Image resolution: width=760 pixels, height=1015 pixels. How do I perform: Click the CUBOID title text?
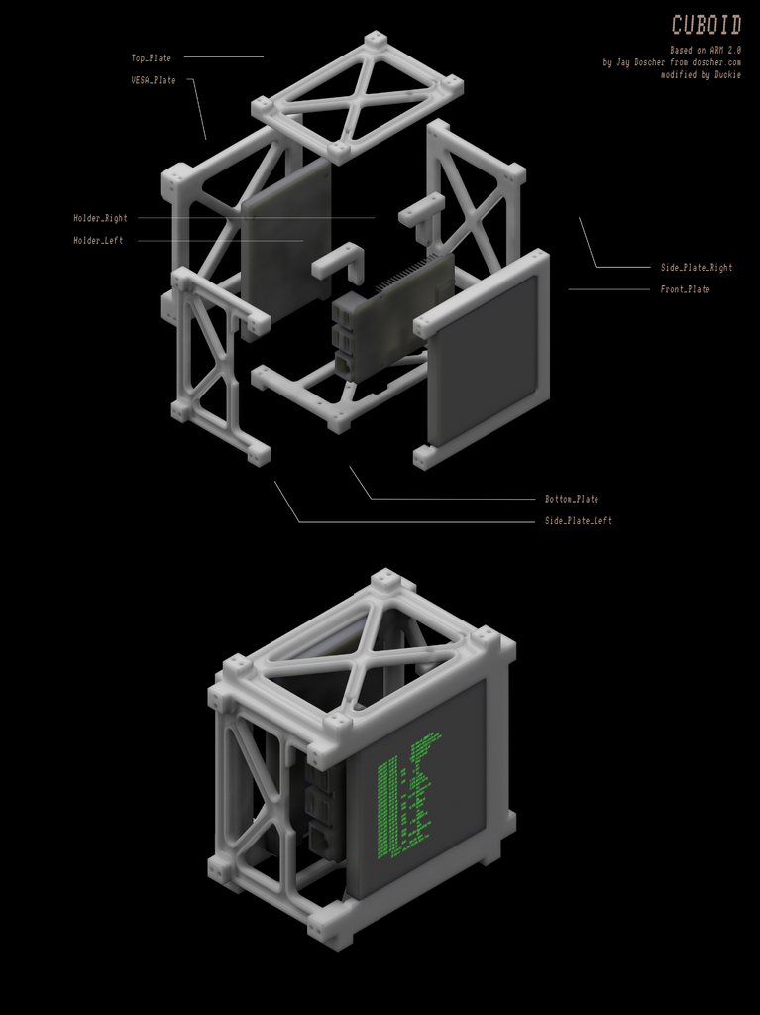706,25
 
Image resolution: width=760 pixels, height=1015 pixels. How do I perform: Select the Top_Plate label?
151,58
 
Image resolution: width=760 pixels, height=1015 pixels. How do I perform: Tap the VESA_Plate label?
154,80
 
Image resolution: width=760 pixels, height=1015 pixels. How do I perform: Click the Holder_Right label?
100,218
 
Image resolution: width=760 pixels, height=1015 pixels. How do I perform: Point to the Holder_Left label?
98,240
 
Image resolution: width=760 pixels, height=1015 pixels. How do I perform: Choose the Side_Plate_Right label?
696,267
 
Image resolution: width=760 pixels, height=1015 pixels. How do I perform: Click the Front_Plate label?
685,289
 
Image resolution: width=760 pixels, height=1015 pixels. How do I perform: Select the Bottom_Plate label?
571,499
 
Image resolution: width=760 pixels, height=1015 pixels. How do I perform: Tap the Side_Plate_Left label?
578,520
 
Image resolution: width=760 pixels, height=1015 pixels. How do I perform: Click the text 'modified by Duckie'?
701,75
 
